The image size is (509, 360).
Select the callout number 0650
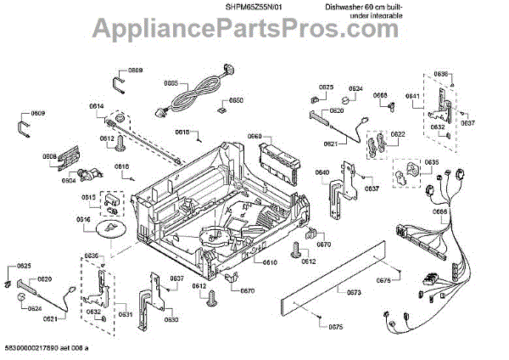[237, 100]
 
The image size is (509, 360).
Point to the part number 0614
[96, 106]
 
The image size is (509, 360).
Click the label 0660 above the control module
[254, 136]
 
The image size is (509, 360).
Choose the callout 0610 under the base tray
[270, 262]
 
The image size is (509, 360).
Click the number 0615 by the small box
[88, 198]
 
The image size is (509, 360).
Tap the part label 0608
[50, 156]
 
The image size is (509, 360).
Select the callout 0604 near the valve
[68, 180]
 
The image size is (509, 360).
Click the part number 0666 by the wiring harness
[439, 212]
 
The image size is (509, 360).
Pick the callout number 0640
[322, 173]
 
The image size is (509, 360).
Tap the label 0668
[380, 95]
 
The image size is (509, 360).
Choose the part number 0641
[412, 96]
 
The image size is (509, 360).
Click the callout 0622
[398, 134]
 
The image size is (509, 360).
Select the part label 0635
[432, 161]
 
